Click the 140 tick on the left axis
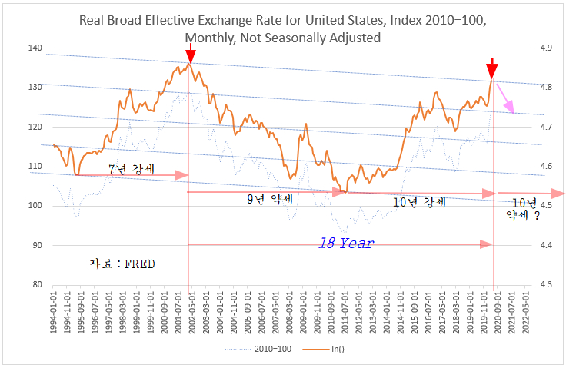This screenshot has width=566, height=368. pyautogui.click(x=35, y=48)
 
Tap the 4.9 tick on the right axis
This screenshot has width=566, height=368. pyautogui.click(x=547, y=48)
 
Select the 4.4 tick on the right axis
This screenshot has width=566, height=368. pyautogui.click(x=547, y=245)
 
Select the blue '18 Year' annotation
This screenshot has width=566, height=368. pyautogui.click(x=346, y=244)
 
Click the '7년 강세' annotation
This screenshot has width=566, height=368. pyautogui.click(x=126, y=167)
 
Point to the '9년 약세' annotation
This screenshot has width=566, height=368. pyautogui.click(x=270, y=199)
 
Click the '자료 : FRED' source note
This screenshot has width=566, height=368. pyautogui.click(x=123, y=264)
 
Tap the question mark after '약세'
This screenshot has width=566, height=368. pyautogui.click(x=537, y=216)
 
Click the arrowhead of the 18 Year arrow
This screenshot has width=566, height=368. pyautogui.click(x=487, y=244)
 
